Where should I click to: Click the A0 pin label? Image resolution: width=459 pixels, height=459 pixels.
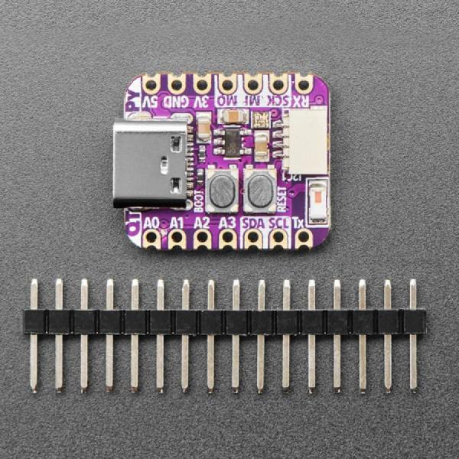coord(151,223)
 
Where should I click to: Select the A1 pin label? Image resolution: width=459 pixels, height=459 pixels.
coord(177,223)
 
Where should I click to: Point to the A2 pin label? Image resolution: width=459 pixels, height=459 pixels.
coord(202,223)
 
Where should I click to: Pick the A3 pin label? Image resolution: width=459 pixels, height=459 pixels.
coord(227,223)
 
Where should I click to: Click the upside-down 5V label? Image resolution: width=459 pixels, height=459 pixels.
coord(151,100)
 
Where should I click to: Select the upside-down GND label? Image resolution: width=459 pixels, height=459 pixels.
coord(177,100)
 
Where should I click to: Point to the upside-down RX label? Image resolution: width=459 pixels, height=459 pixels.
coord(303,100)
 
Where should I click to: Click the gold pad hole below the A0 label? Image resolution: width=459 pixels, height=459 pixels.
coord(151,238)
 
